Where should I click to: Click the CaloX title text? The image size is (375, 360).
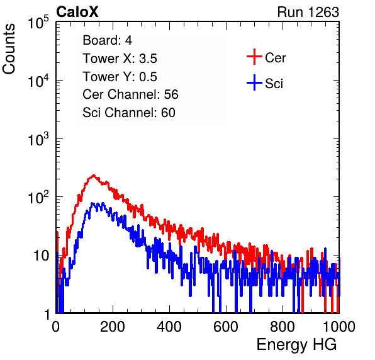77,12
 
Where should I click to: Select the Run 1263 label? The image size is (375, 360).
308,12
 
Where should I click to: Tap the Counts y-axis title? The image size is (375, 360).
9,48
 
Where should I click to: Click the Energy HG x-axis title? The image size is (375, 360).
296,344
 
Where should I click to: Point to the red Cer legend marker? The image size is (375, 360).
254,57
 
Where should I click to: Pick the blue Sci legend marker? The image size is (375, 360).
254,82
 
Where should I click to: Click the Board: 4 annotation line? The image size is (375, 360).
107,40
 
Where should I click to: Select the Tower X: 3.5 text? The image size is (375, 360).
120,59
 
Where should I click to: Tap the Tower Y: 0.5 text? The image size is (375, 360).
120,77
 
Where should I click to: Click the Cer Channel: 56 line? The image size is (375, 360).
130,94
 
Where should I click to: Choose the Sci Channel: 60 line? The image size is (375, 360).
129,113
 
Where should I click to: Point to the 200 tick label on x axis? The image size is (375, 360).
113,327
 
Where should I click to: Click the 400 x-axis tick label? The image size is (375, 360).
169,327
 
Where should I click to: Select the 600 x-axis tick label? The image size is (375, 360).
226,327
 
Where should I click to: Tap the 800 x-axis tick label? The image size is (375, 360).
283,327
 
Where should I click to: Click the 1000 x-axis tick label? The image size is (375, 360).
339,327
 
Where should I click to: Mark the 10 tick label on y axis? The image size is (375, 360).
41,256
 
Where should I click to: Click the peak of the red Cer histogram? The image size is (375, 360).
94,176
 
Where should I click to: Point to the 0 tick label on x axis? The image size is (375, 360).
55,327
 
